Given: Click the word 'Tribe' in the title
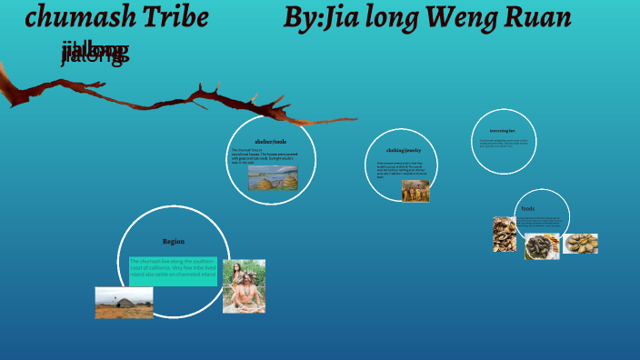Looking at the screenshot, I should pyautogui.click(x=178, y=17).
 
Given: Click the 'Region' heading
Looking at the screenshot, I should pyautogui.click(x=174, y=242).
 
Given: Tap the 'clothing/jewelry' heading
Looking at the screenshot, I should pyautogui.click(x=404, y=150).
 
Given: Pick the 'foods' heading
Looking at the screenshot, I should pyautogui.click(x=528, y=208).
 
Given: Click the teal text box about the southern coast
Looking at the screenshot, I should pyautogui.click(x=173, y=270).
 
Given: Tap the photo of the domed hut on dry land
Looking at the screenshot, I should pyautogui.click(x=124, y=303).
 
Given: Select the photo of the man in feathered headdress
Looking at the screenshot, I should pyautogui.click(x=244, y=286).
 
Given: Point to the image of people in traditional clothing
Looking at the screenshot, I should pyautogui.click(x=415, y=191).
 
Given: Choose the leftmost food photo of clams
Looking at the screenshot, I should pyautogui.click(x=505, y=235).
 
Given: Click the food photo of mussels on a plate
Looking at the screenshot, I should pyautogui.click(x=542, y=246).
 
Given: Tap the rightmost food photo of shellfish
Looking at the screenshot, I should pyautogui.click(x=580, y=244).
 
